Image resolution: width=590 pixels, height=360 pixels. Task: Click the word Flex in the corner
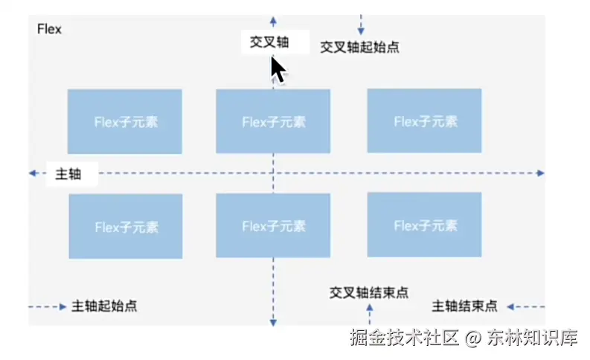[49, 30]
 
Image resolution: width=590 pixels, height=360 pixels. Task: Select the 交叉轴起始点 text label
[359, 47]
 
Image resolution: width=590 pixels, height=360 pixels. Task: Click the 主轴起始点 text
[104, 306]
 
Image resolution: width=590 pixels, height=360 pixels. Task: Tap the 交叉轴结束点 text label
[368, 292]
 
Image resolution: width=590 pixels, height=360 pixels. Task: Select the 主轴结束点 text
[464, 306]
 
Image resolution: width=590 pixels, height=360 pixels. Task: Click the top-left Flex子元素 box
[125, 122]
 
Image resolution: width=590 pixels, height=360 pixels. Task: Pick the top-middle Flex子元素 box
[273, 121]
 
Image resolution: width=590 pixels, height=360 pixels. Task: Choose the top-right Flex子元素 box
[424, 120]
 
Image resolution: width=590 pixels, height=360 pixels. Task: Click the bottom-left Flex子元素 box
[126, 226]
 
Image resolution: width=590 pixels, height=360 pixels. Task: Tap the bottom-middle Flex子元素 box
[273, 225]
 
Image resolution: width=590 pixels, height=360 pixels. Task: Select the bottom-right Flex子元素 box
[424, 225]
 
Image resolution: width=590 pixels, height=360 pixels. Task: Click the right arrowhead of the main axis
[541, 173]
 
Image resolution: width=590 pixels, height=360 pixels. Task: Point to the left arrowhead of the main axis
[33, 173]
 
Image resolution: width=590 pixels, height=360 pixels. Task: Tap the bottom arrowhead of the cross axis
[273, 323]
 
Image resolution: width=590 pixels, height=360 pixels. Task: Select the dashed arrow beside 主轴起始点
[48, 306]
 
